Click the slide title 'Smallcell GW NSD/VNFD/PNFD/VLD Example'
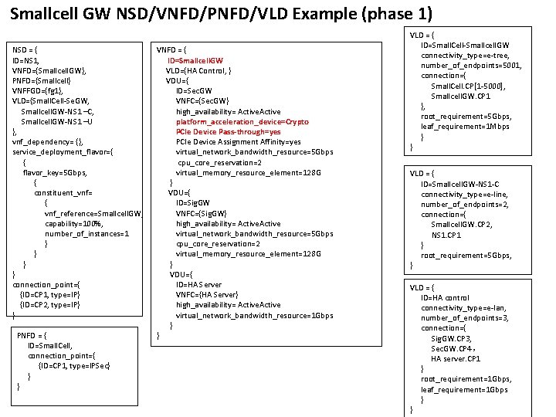pos(221,14)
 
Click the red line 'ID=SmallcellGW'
pos(195,60)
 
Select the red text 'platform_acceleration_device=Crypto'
pos(242,122)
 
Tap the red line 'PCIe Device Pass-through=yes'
pos(228,132)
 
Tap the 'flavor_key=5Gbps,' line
pos(56,172)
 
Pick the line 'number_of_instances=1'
pos(86,233)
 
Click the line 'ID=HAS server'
pos(198,284)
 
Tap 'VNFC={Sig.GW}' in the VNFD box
pos(201,213)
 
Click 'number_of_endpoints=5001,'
pos(471,66)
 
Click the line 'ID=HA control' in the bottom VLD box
pos(445,297)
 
